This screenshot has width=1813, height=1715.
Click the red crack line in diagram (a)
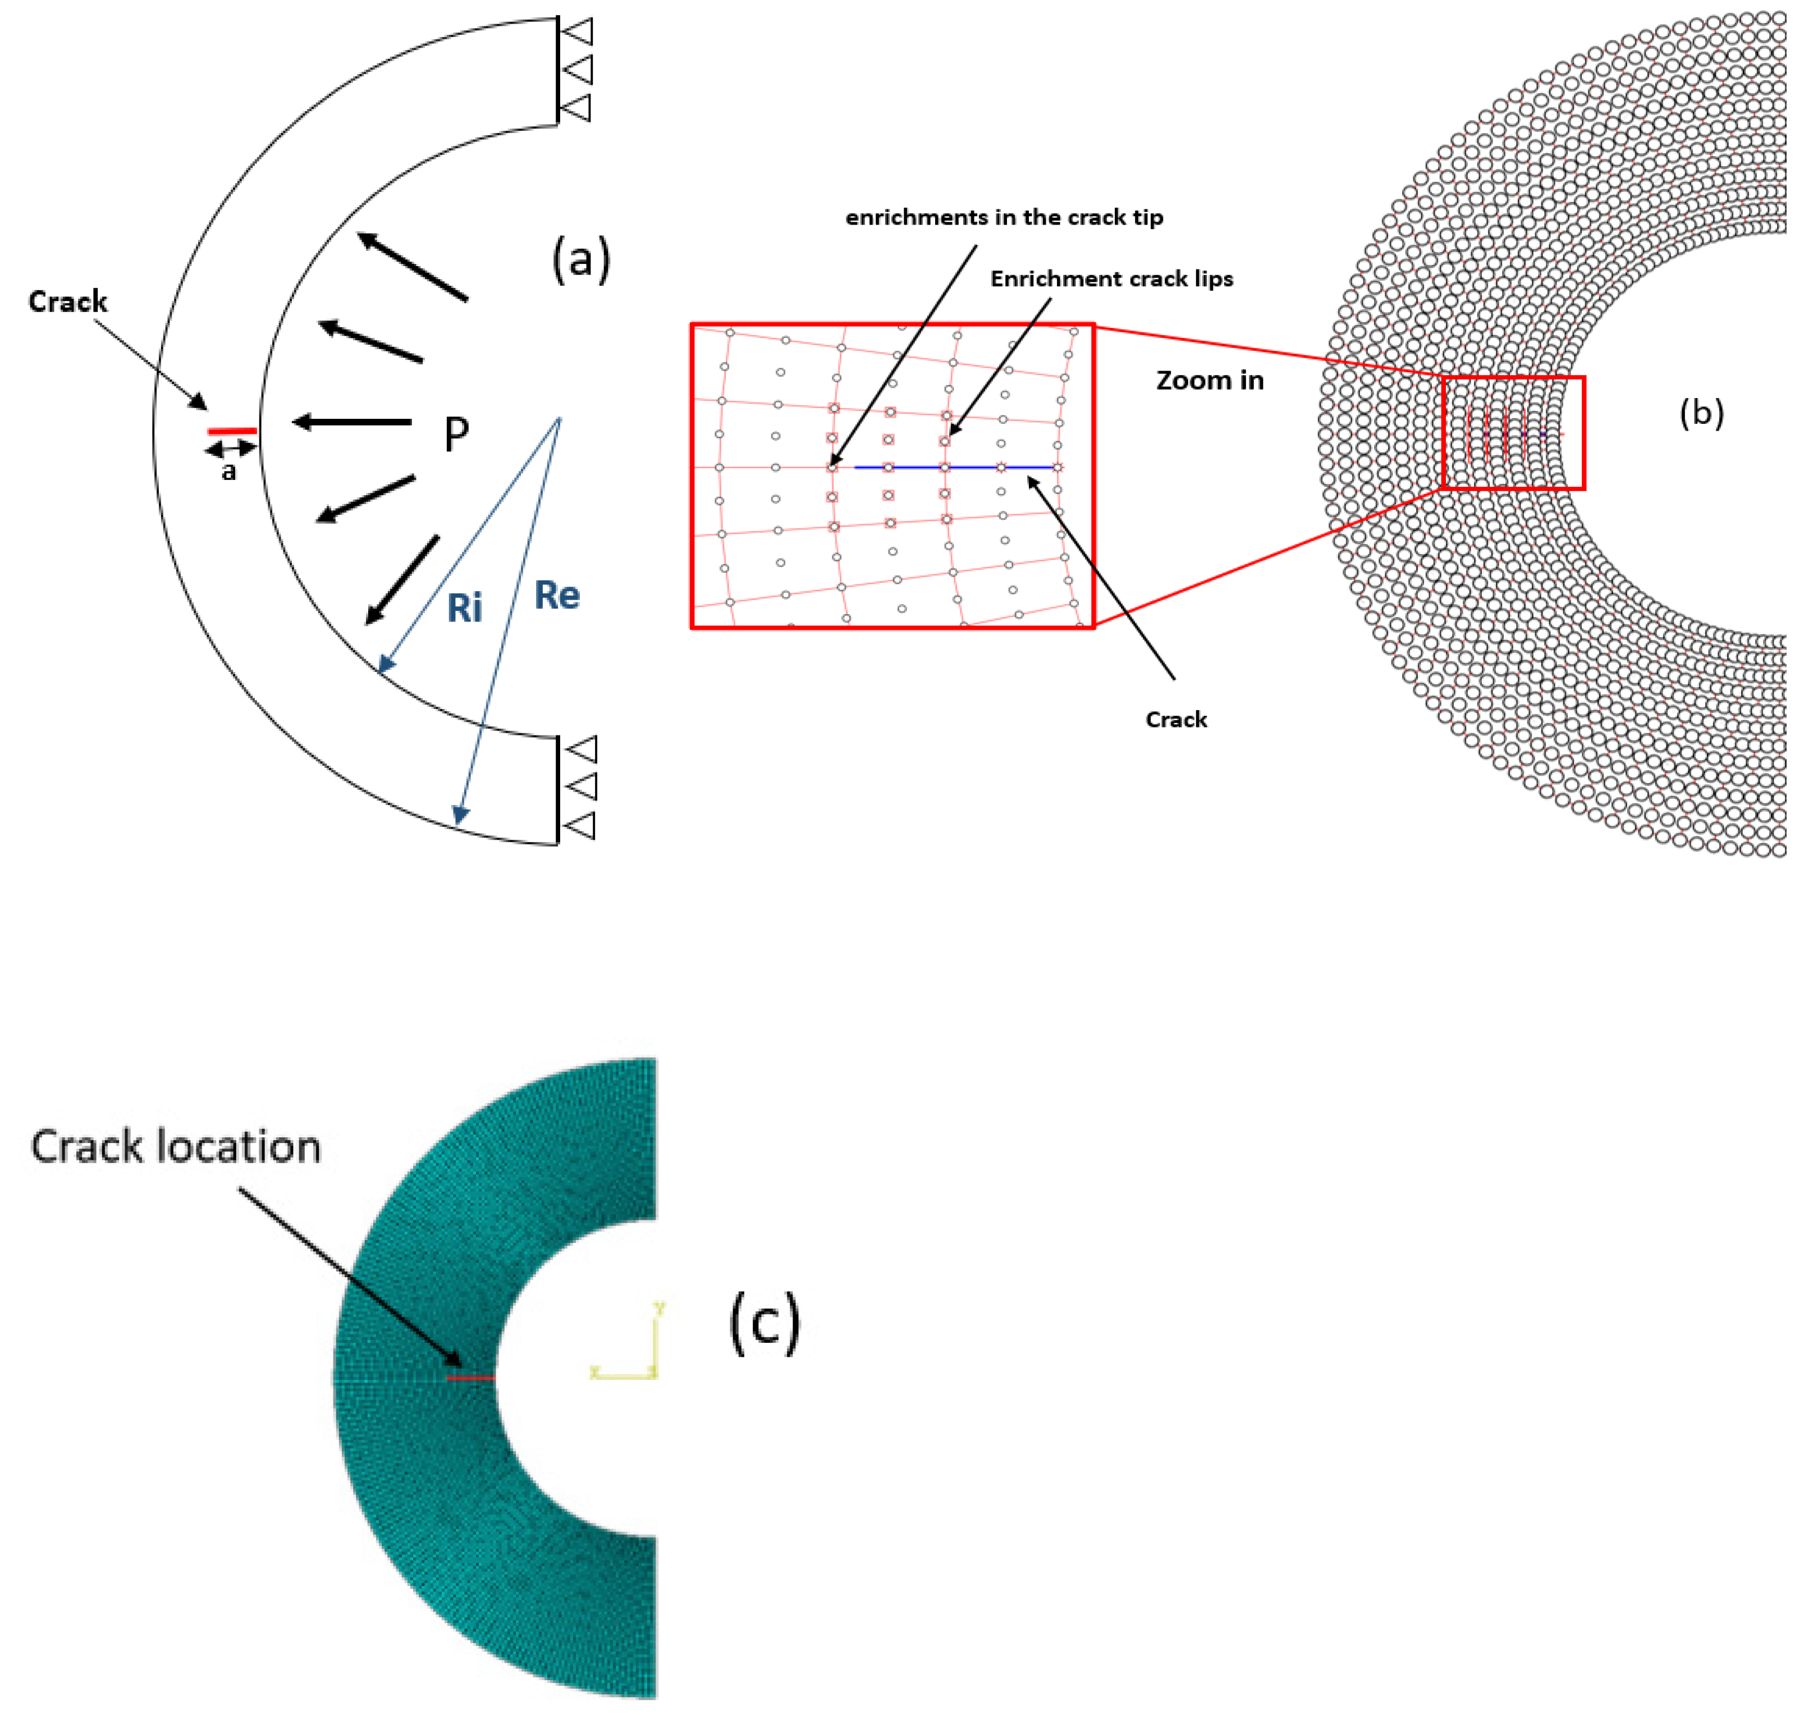[232, 431]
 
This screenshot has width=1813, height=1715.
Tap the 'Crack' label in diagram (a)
[68, 301]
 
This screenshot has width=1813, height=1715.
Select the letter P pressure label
[456, 435]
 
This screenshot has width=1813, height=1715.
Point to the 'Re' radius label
[557, 595]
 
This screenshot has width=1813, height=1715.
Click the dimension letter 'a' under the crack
[228, 472]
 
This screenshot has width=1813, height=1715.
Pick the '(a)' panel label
[580, 259]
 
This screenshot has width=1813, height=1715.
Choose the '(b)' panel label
[1701, 413]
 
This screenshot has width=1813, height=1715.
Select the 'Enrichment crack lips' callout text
[1112, 279]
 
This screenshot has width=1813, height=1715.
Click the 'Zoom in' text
[1210, 380]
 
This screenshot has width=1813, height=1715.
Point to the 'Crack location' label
[176, 1147]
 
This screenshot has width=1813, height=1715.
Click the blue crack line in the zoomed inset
[955, 467]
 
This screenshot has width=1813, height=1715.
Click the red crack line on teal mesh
[470, 1376]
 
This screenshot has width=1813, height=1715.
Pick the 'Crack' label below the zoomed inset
[1176, 720]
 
